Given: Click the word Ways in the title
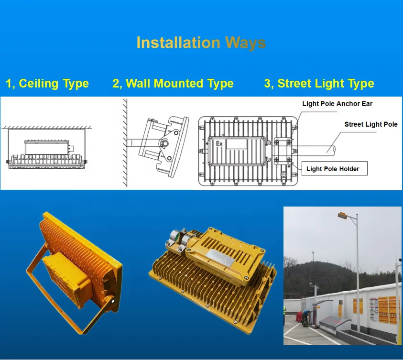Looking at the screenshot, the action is click(245, 43).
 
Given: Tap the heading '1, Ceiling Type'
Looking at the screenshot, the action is click(47, 84).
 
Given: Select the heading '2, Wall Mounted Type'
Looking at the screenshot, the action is click(173, 84).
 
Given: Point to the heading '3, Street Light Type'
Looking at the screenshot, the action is click(319, 84).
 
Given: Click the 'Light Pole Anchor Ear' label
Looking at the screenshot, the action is click(337, 104).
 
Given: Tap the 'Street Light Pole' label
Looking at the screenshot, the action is click(370, 124).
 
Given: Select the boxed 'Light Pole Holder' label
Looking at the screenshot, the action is click(333, 169).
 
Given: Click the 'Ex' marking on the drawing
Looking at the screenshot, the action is click(219, 143).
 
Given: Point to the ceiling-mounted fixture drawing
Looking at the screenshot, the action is click(48, 153).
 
